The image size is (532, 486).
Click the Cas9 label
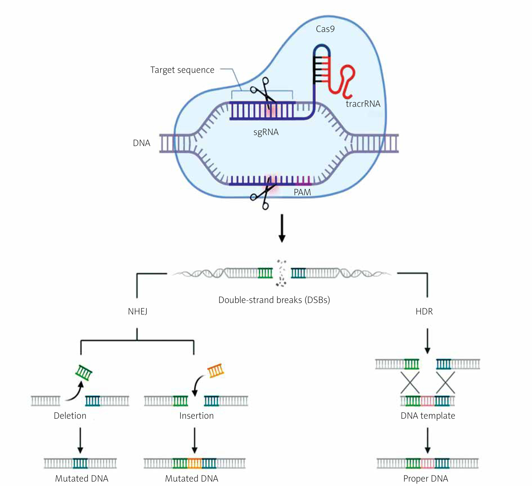325,29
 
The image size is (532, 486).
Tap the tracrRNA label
363,104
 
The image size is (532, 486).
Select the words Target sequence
182,70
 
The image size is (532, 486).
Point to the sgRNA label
266,132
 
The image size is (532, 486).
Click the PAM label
302,192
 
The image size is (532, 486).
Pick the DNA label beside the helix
141,143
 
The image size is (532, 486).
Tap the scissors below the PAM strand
263,197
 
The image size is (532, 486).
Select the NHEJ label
137,311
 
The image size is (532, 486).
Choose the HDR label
424,311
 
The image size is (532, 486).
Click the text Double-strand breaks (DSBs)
274,300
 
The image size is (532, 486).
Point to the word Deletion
70,416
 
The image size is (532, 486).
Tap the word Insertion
196,416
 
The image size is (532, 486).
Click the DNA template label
428,416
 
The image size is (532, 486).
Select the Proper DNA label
425,478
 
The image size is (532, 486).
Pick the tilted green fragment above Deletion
84,373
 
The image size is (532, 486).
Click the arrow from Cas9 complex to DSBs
281,228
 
